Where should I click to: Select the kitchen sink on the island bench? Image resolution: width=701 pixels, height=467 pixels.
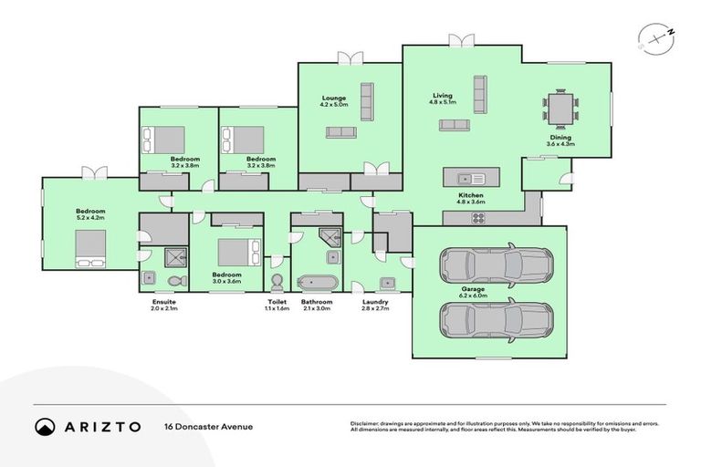pyautogui.click(x=465, y=176)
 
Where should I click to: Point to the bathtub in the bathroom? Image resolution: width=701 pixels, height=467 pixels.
pyautogui.click(x=318, y=281)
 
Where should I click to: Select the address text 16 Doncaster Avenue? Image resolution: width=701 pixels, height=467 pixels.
pyautogui.click(x=208, y=426)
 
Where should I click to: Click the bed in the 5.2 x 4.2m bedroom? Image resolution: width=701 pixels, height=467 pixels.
pyautogui.click(x=89, y=248)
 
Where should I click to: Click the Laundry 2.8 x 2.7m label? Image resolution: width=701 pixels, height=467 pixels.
pyautogui.click(x=375, y=305)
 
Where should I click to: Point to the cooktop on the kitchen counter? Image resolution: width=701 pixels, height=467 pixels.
pyautogui.click(x=478, y=217)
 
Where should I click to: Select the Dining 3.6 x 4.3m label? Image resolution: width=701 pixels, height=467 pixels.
pyautogui.click(x=560, y=140)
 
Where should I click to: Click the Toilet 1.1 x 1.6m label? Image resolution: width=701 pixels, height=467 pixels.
pyautogui.click(x=277, y=305)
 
